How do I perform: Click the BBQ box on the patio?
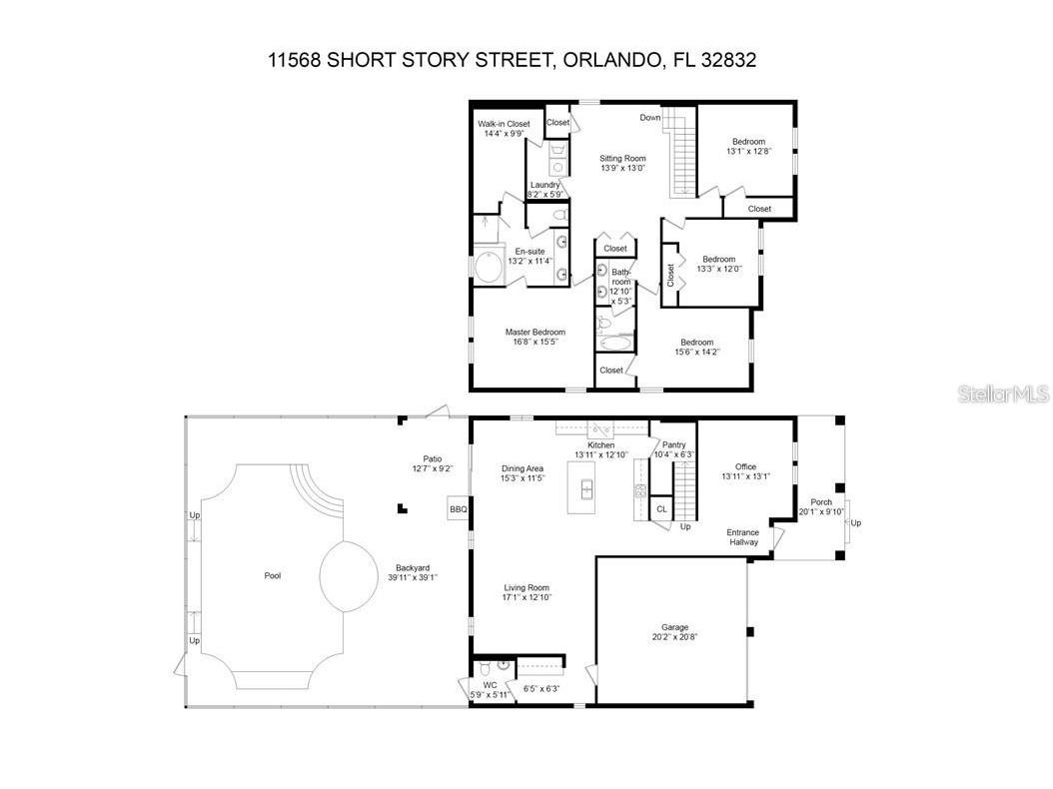459,509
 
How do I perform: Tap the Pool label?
273,576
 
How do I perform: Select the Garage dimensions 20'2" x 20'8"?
674,637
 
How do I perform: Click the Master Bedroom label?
534,333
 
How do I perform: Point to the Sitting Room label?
622,158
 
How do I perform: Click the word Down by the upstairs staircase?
650,118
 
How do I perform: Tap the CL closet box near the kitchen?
660,509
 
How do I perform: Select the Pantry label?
673,444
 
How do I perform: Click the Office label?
745,466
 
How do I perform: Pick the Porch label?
821,502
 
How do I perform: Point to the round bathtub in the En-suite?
490,268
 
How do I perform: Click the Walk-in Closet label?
504,124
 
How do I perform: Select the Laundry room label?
545,185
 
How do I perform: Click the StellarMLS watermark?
1003,394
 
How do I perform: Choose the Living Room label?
526,587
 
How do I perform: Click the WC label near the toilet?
490,685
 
